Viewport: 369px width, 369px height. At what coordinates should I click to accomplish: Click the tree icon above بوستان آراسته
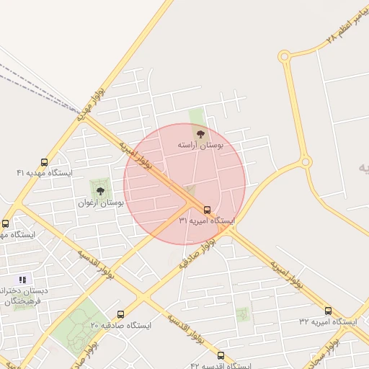click(x=200, y=134)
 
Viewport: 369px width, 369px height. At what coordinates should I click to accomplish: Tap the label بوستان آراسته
click(x=201, y=146)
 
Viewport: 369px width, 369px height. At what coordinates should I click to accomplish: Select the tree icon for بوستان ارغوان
click(x=100, y=191)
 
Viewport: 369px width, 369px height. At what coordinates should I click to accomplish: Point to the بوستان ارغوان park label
click(x=101, y=203)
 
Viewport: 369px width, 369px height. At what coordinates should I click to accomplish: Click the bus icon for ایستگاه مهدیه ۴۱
click(x=45, y=163)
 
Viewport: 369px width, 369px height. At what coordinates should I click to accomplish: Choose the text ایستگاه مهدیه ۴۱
click(x=45, y=173)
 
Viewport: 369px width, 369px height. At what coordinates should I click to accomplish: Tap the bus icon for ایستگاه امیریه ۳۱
click(x=208, y=210)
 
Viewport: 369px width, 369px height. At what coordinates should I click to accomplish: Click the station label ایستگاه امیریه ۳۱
click(x=207, y=221)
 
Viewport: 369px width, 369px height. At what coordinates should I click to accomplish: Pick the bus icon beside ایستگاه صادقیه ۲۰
click(x=120, y=314)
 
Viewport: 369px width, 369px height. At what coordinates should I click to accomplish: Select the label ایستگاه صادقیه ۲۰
click(x=120, y=325)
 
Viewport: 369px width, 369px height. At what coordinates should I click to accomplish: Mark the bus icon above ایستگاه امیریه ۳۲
click(x=328, y=311)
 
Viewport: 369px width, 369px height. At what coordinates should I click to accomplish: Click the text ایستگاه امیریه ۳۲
click(x=328, y=321)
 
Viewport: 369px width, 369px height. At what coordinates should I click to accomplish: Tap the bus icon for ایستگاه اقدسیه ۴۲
click(x=221, y=355)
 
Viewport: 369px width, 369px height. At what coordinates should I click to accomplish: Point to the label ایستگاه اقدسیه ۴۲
click(x=220, y=365)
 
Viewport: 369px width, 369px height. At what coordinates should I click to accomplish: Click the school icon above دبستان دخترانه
click(x=22, y=280)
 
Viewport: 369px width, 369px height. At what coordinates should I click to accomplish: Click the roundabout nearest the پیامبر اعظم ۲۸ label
click(x=284, y=56)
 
